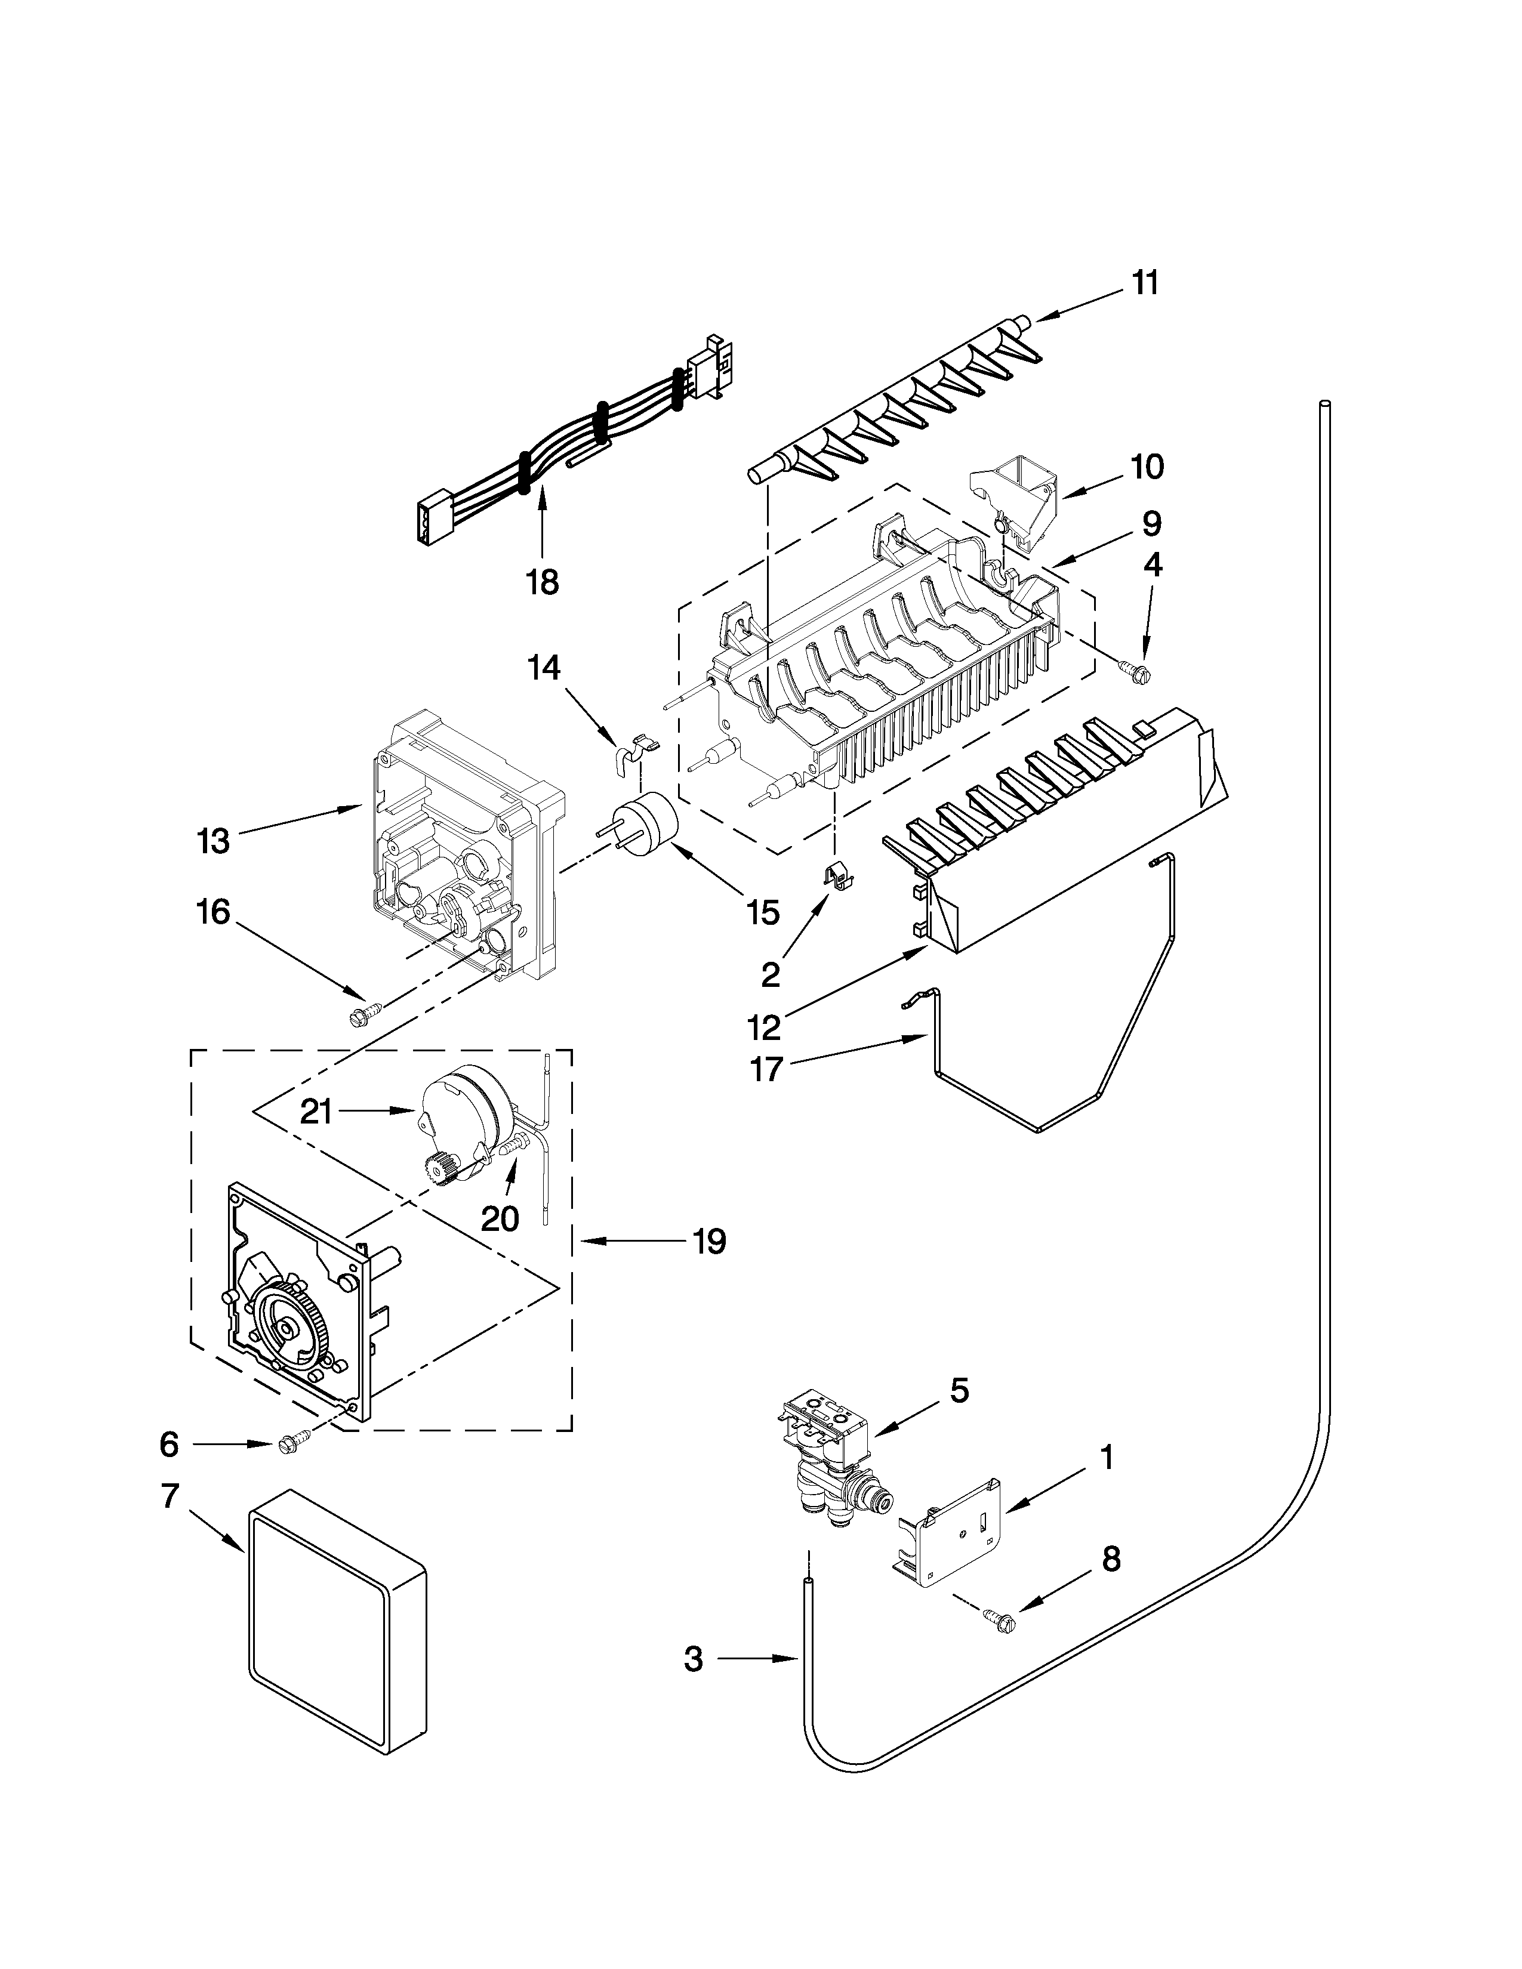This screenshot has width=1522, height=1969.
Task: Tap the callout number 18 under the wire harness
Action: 543,582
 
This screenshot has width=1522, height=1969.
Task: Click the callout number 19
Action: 710,1242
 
